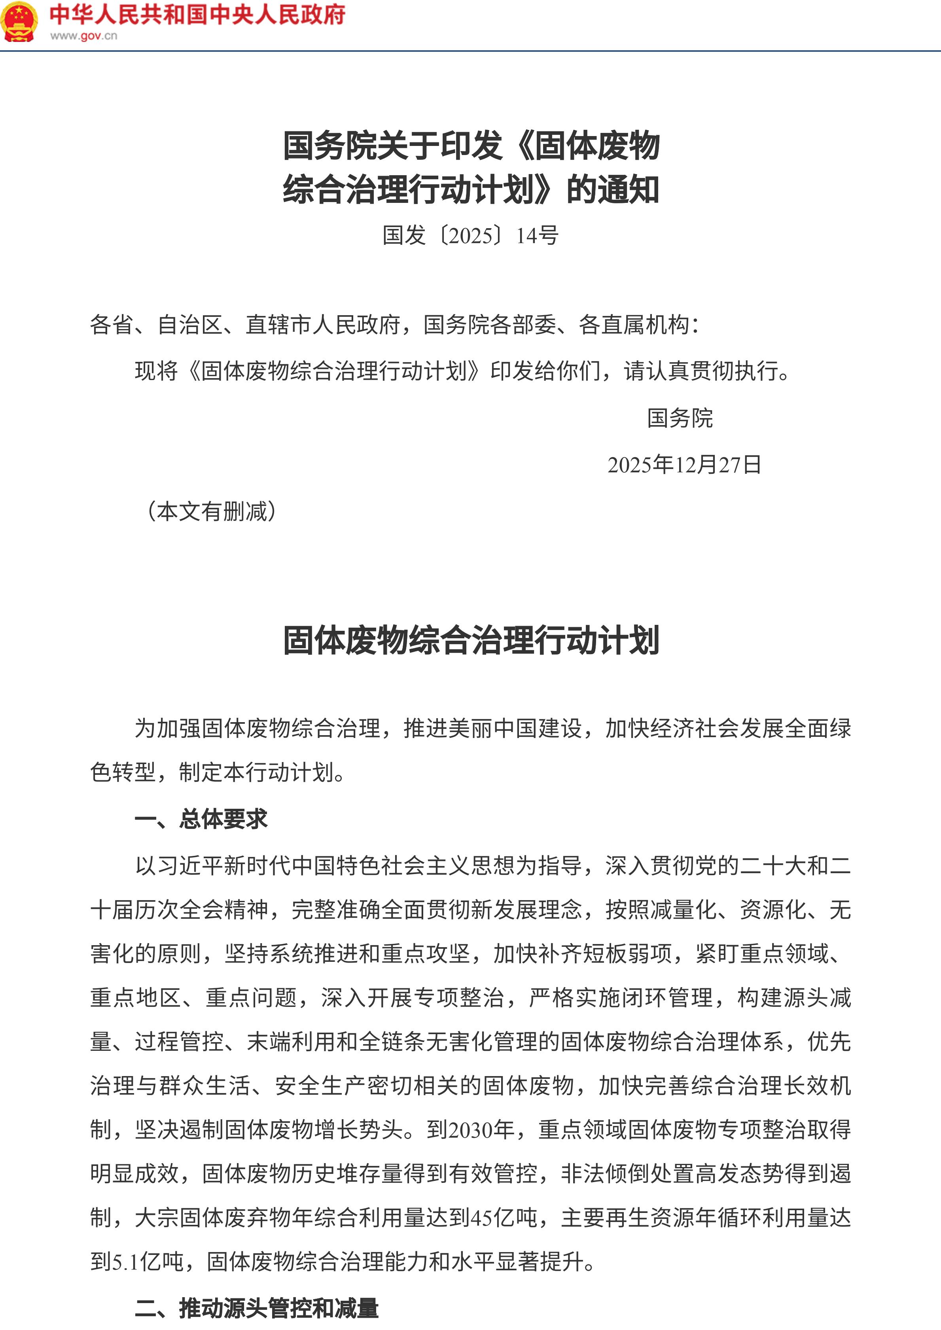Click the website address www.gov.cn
(x=83, y=36)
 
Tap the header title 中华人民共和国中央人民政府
(x=197, y=15)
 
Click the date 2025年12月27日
(x=684, y=465)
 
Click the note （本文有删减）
(x=212, y=511)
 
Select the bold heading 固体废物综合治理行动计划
(x=471, y=640)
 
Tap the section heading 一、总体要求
(x=201, y=819)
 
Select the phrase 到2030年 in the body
(x=470, y=1129)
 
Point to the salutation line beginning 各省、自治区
(x=394, y=325)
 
